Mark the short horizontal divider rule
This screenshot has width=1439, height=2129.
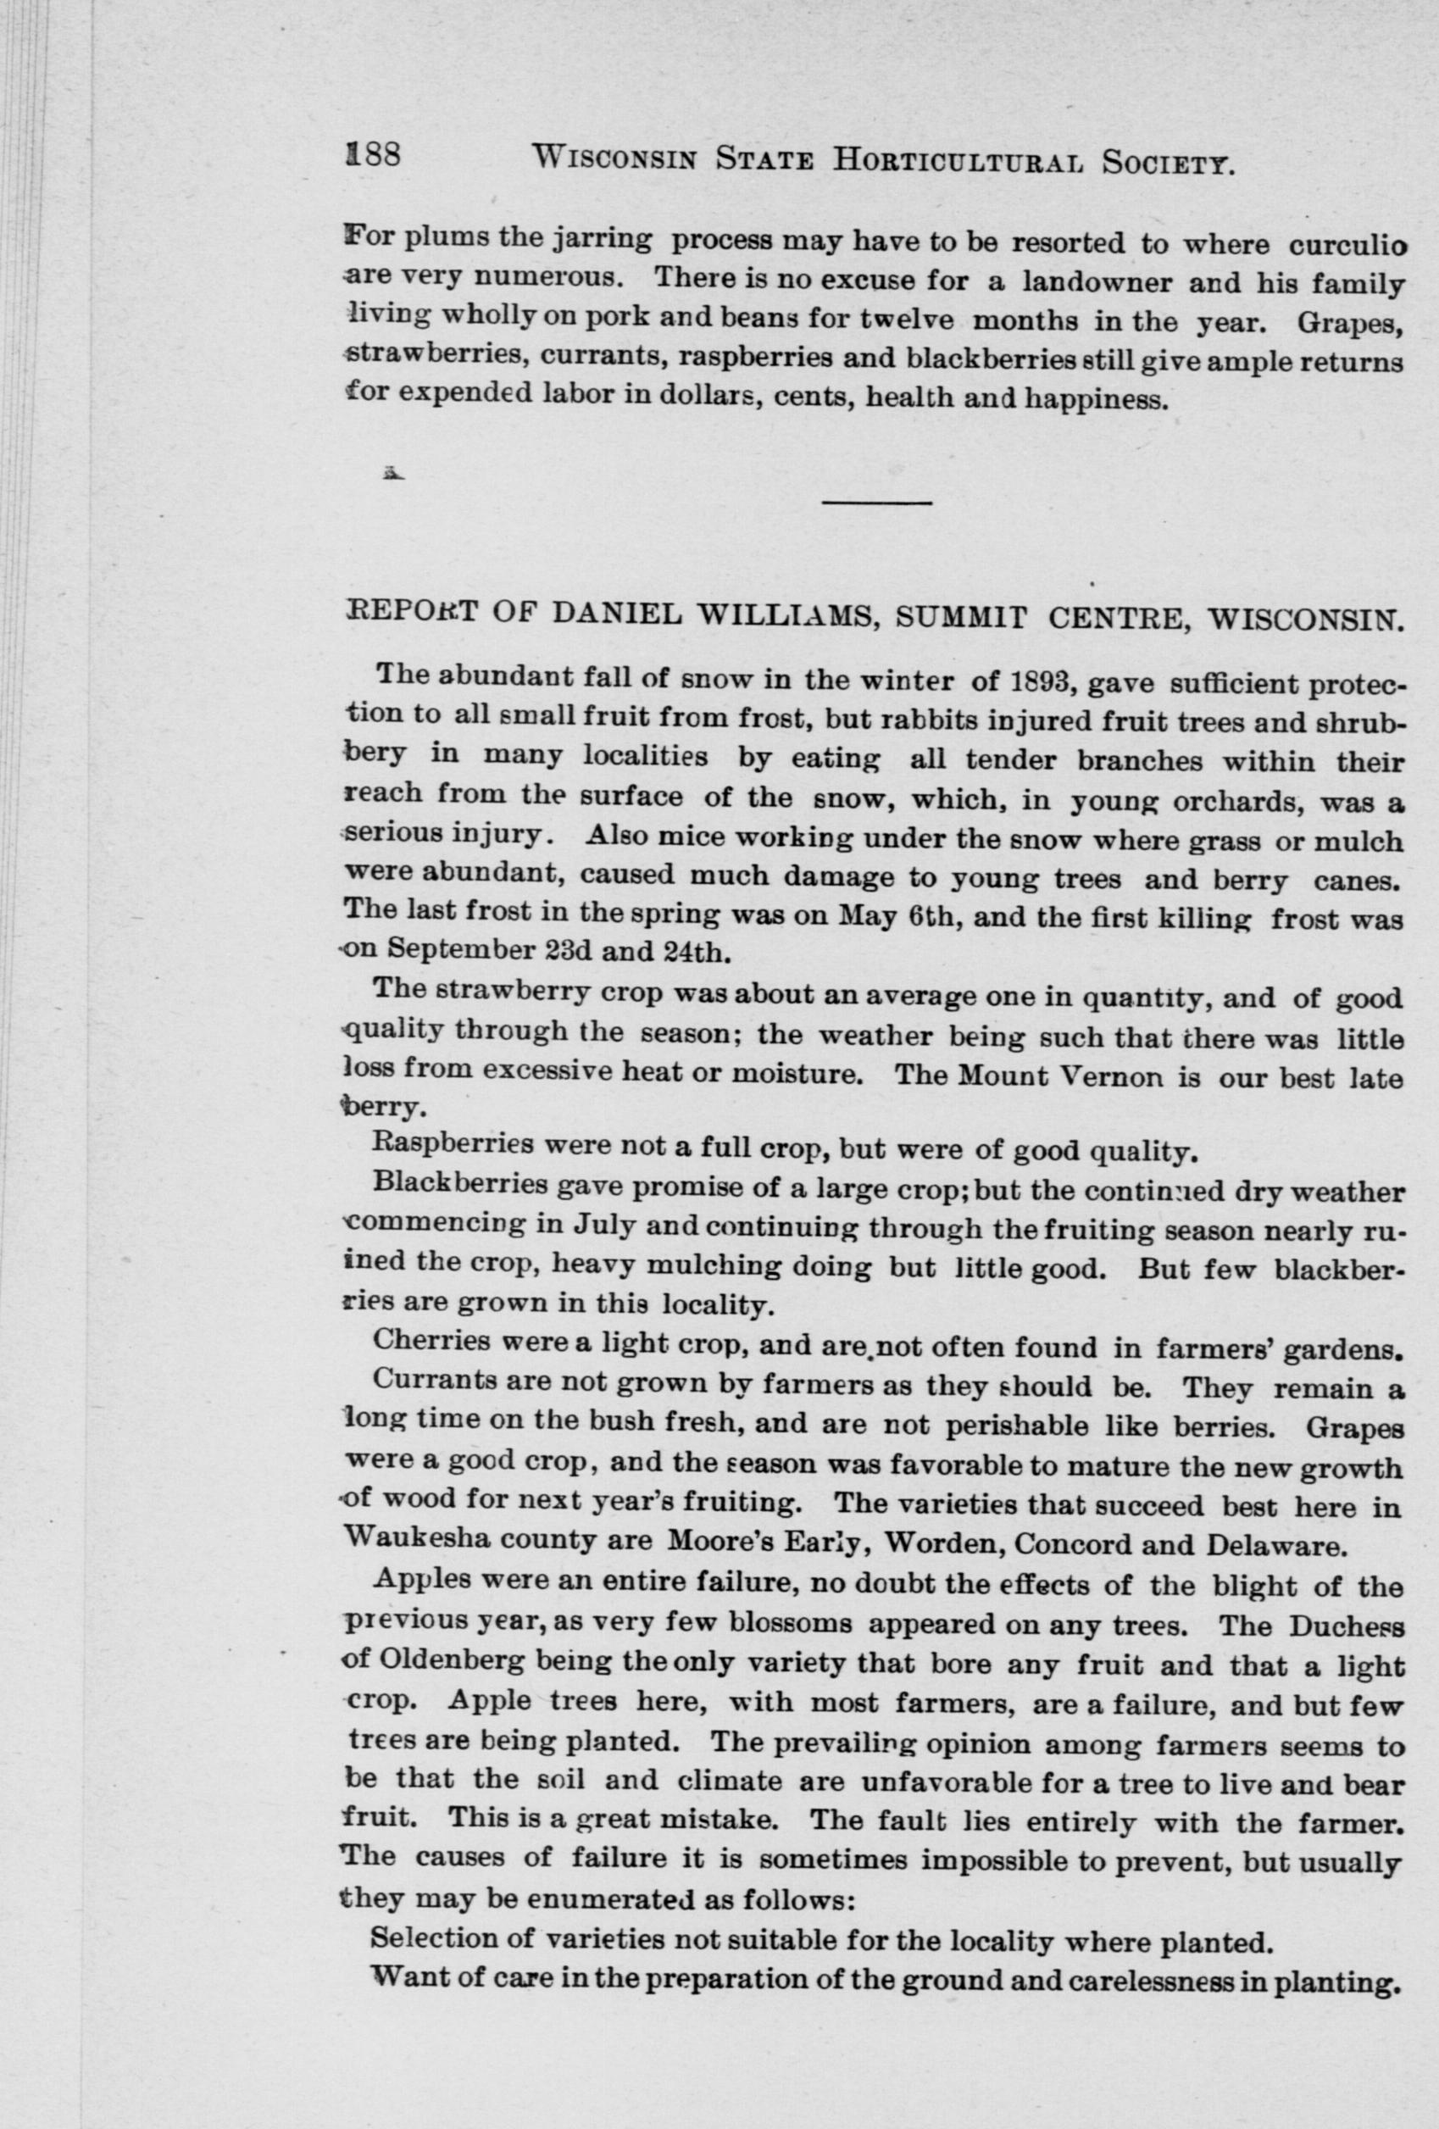[x=877, y=503]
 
